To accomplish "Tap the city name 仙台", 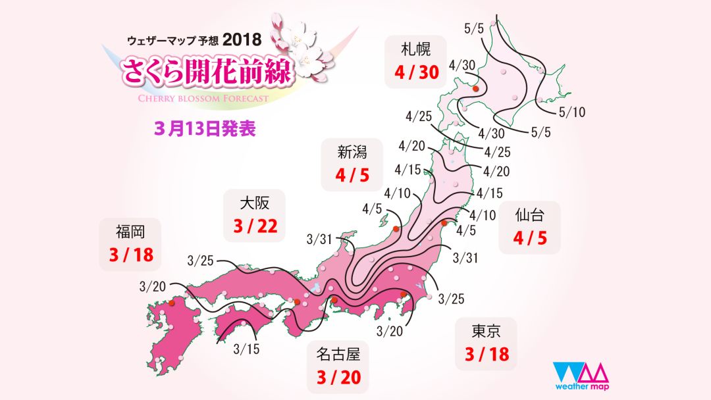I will (529, 214).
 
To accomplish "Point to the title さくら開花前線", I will (205, 72).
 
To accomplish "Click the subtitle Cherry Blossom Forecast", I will (195, 99).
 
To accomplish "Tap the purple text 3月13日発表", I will (205, 127).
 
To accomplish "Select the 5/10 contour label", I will (571, 113).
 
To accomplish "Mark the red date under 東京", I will (487, 355).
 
